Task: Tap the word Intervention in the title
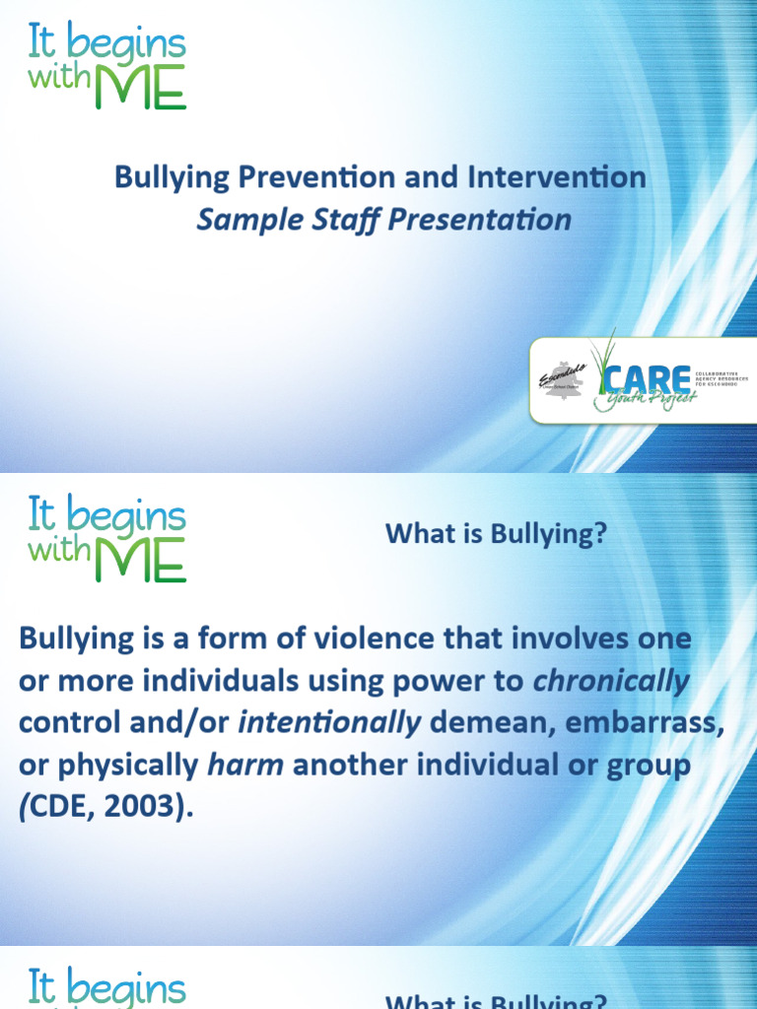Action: pyautogui.click(x=559, y=177)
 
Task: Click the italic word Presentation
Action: pyautogui.click(x=479, y=219)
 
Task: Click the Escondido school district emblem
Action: pyautogui.click(x=563, y=379)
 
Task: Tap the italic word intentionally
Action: pyautogui.click(x=330, y=723)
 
